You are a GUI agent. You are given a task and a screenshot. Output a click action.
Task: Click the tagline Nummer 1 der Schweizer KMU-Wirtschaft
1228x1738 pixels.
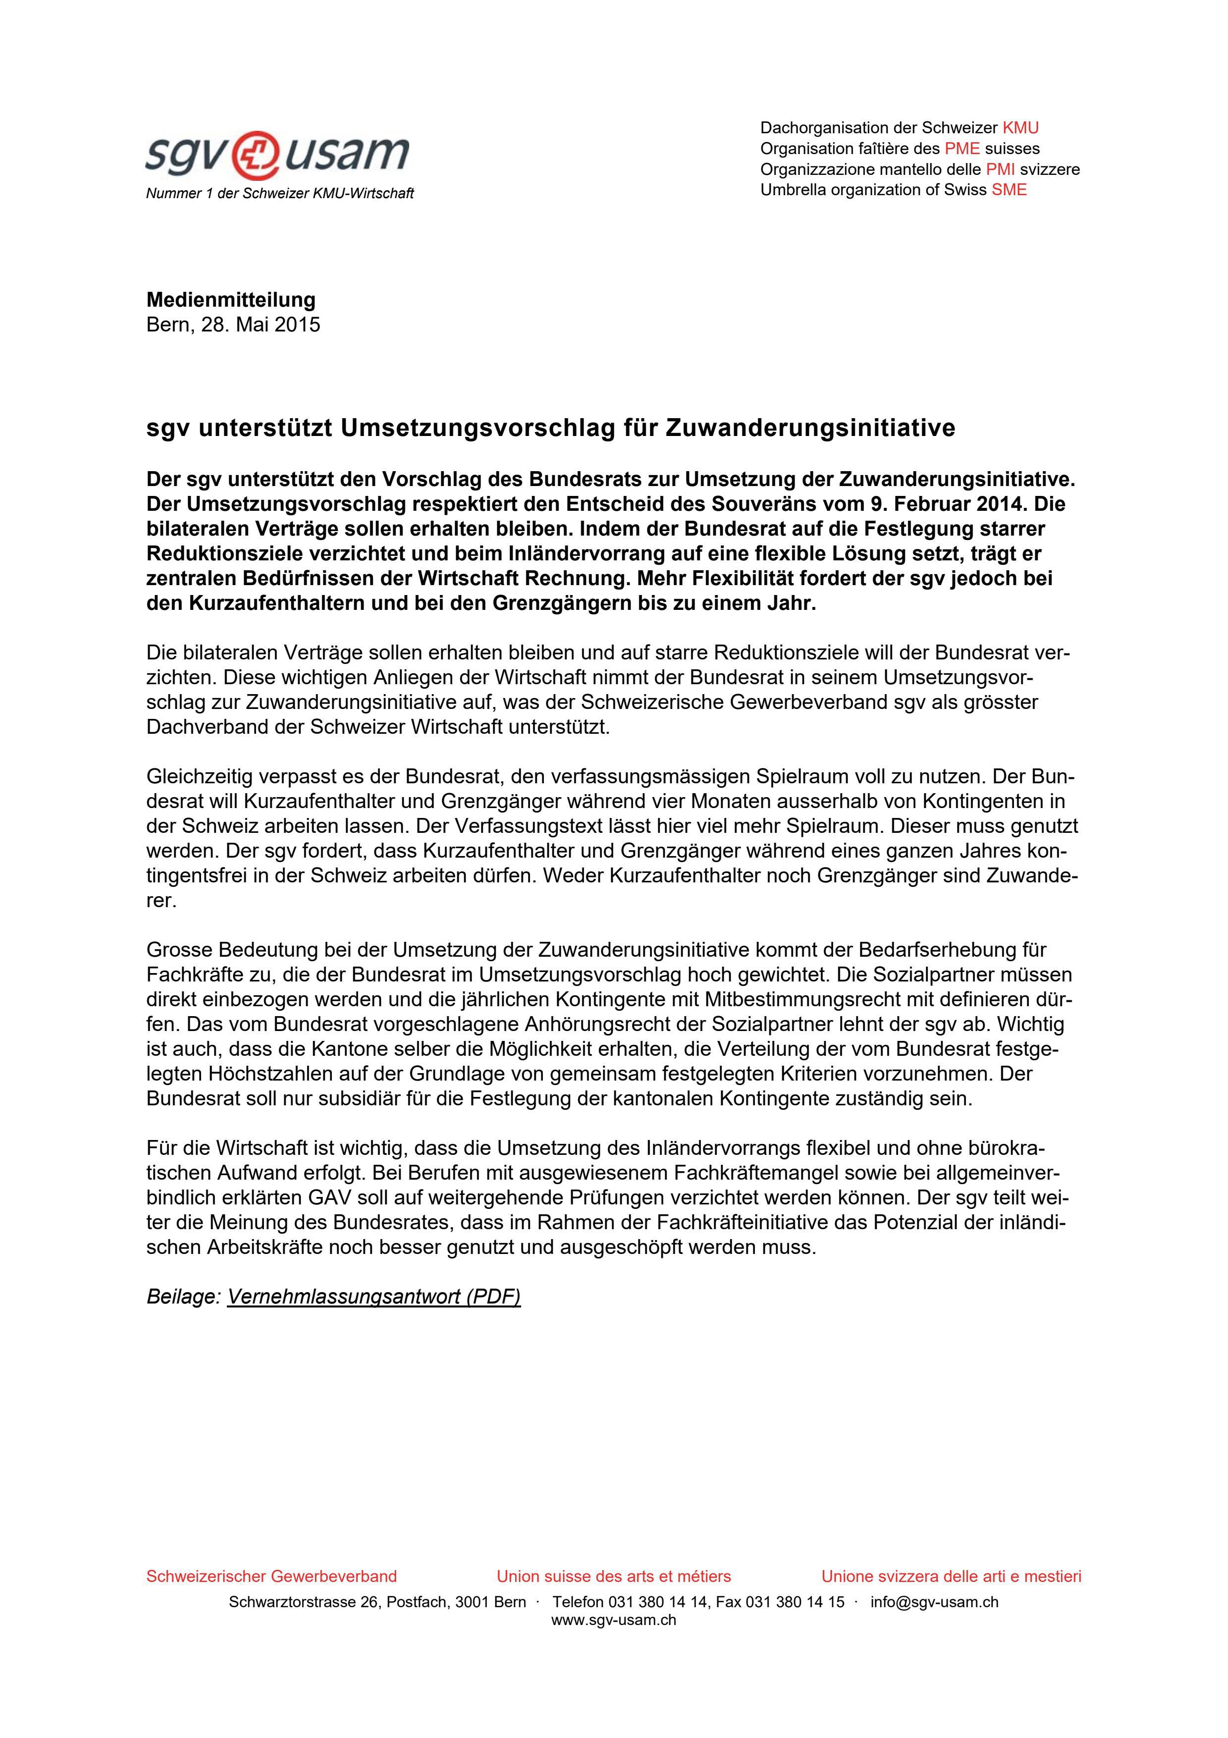point(279,194)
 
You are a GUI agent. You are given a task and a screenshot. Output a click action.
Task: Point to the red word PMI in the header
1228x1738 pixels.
point(1000,169)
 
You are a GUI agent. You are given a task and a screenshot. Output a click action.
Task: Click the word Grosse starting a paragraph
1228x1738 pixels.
point(178,950)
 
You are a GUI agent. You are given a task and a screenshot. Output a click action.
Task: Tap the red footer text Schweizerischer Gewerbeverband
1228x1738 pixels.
point(271,1577)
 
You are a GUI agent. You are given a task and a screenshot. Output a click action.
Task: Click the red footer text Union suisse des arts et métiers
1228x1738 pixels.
point(614,1577)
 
